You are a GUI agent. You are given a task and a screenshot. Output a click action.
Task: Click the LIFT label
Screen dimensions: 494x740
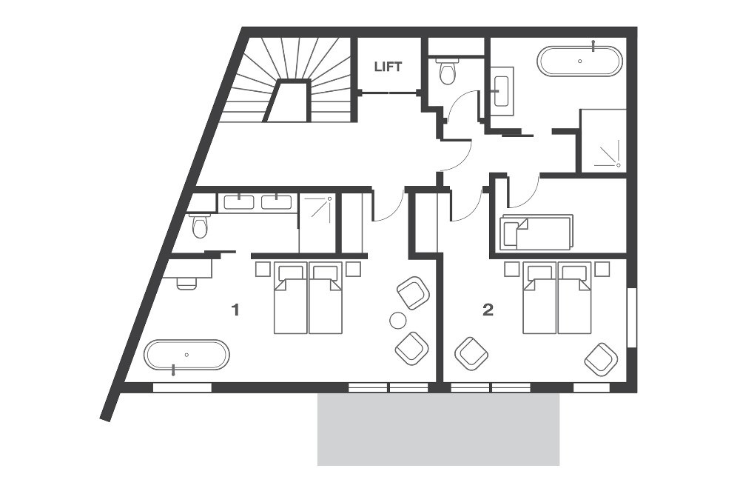388,67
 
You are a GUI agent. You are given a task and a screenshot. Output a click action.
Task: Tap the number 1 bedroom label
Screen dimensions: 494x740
235,310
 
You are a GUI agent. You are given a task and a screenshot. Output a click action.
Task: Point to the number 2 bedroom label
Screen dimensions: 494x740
487,310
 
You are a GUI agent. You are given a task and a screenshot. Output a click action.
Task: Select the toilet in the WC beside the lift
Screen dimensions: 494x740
446,72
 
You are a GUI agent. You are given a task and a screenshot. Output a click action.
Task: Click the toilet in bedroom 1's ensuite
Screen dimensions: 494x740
200,225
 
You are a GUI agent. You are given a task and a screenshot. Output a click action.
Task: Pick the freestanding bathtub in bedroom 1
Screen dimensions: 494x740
186,355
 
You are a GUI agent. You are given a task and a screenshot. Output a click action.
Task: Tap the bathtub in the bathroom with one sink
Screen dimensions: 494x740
579,61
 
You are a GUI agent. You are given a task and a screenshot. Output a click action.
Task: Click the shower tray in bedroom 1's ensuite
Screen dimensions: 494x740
317,213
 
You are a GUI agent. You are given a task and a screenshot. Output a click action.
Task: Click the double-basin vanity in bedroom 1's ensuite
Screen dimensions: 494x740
258,201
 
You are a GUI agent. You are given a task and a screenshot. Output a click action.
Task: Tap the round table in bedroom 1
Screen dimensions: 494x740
398,321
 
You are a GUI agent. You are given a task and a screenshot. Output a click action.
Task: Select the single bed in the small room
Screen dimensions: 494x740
536,233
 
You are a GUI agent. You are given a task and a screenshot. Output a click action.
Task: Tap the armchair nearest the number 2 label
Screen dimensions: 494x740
471,354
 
